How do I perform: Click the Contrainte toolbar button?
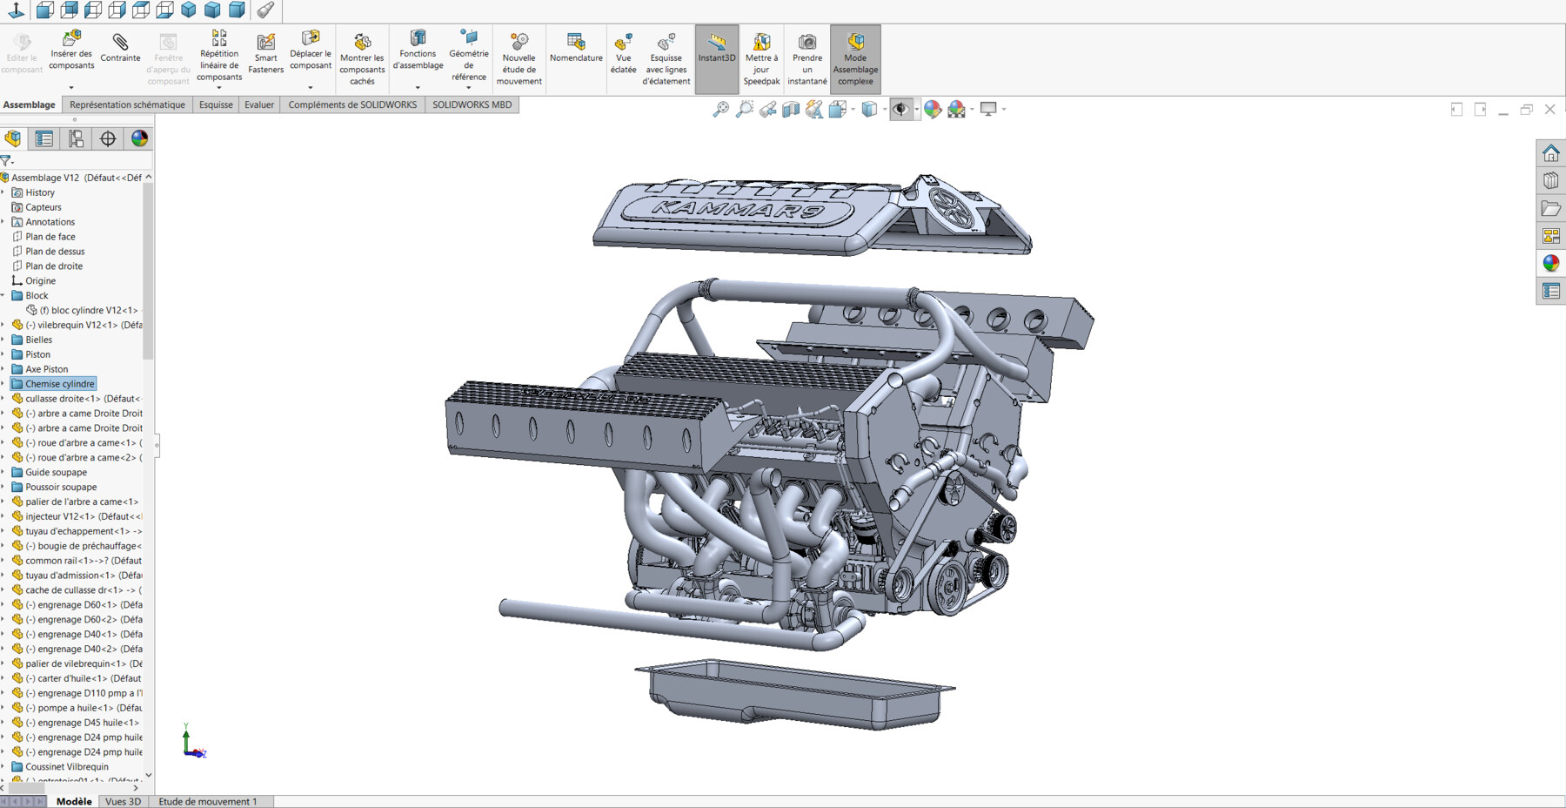pyautogui.click(x=120, y=47)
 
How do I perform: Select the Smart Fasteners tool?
pyautogui.click(x=265, y=53)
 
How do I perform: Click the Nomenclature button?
pyautogui.click(x=576, y=47)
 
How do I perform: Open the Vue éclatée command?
pyautogui.click(x=623, y=53)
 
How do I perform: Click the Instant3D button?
pyautogui.click(x=717, y=48)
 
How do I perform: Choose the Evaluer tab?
pyautogui.click(x=259, y=104)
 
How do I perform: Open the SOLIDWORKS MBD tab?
pyautogui.click(x=472, y=104)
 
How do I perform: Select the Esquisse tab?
pyautogui.click(x=216, y=104)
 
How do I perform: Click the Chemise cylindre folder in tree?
pyautogui.click(x=59, y=384)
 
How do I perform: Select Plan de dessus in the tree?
pyautogui.click(x=55, y=252)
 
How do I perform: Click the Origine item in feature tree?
pyautogui.click(x=40, y=281)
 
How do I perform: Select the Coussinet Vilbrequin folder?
pyautogui.click(x=66, y=767)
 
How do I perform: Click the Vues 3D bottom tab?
pyautogui.click(x=123, y=801)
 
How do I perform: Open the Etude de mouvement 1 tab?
pyautogui.click(x=207, y=801)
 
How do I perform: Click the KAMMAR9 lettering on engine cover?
pyautogui.click(x=749, y=209)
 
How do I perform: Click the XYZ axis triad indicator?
pyautogui.click(x=192, y=743)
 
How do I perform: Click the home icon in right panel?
pyautogui.click(x=1550, y=153)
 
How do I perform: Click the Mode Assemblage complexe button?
pyautogui.click(x=855, y=58)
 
